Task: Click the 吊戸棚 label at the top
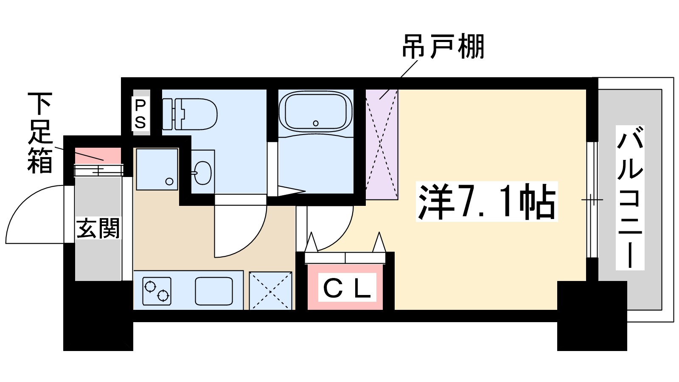point(443,47)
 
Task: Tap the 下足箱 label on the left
point(40,133)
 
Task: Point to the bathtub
point(315,112)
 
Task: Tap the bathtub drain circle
point(315,123)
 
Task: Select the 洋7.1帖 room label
point(486,202)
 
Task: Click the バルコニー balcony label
point(630,198)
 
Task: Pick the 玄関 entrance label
point(98,228)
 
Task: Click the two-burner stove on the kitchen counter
point(157,291)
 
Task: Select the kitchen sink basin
point(214,291)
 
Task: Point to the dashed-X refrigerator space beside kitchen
point(270,291)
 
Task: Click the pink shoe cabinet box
point(98,155)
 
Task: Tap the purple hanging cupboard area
point(382,144)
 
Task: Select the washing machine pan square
point(157,169)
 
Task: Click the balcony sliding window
point(592,199)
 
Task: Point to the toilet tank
point(168,114)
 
